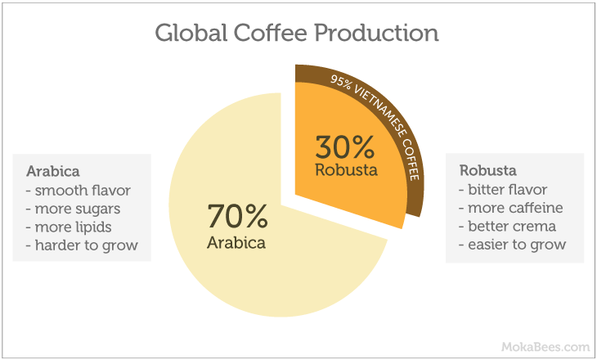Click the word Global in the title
coord(191,33)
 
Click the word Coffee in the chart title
coord(271,33)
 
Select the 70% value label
coord(237,216)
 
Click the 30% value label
coord(345,148)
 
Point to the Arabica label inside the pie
coord(236,243)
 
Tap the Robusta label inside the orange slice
coord(346,170)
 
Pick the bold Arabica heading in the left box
coord(53,172)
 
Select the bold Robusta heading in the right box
coord(487,170)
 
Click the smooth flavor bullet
coord(78,190)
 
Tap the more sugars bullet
coord(73,209)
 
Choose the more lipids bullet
coord(69,227)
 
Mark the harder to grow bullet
coord(82,245)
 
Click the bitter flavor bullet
coord(503,189)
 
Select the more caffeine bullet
coord(510,208)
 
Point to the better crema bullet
coord(507,227)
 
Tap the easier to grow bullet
coord(512,245)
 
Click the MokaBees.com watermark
coord(545,347)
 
